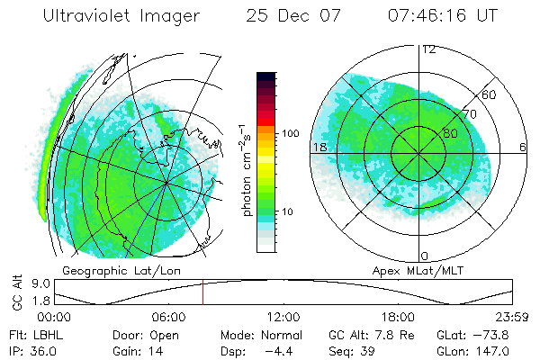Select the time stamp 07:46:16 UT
point(442,16)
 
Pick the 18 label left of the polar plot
point(319,147)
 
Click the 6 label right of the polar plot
point(523,147)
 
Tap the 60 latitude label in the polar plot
point(490,95)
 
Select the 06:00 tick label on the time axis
point(168,317)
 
